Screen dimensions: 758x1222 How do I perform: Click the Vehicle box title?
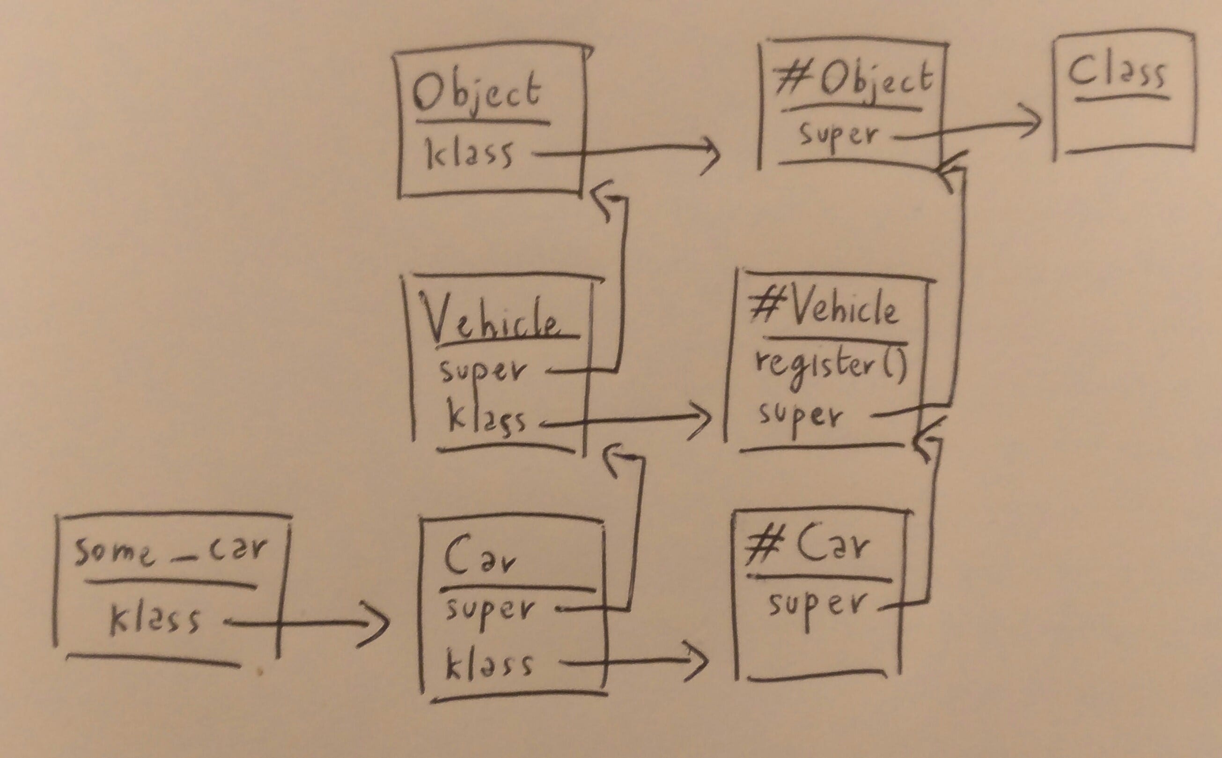pos(491,321)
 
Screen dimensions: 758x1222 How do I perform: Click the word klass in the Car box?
pos(488,664)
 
